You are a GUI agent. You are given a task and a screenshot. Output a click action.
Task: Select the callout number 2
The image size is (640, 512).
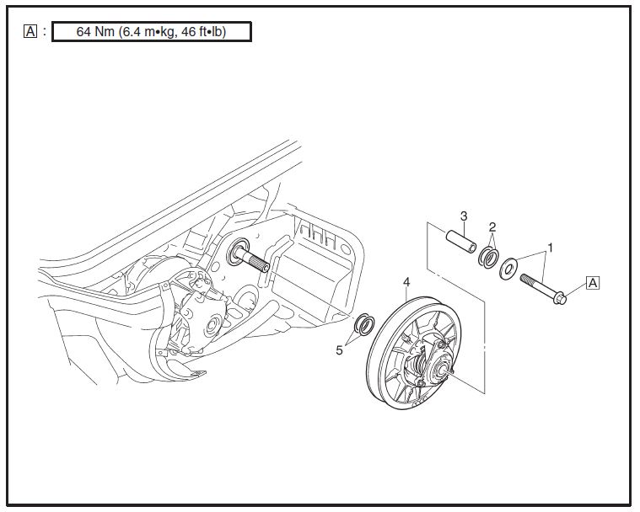coord(492,227)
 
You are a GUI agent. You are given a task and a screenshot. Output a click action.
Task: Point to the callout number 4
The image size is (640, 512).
coord(407,281)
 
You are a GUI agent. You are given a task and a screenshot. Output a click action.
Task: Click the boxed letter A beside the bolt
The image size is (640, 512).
coord(593,283)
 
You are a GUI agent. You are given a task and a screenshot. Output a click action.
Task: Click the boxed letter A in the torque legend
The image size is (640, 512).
coord(31,32)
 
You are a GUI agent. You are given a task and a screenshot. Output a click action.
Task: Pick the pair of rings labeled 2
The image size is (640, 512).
coord(488,257)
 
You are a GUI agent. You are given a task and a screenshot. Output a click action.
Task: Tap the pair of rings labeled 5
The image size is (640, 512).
coord(364,324)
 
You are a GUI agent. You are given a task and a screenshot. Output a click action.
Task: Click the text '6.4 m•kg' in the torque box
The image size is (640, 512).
coord(153,33)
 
